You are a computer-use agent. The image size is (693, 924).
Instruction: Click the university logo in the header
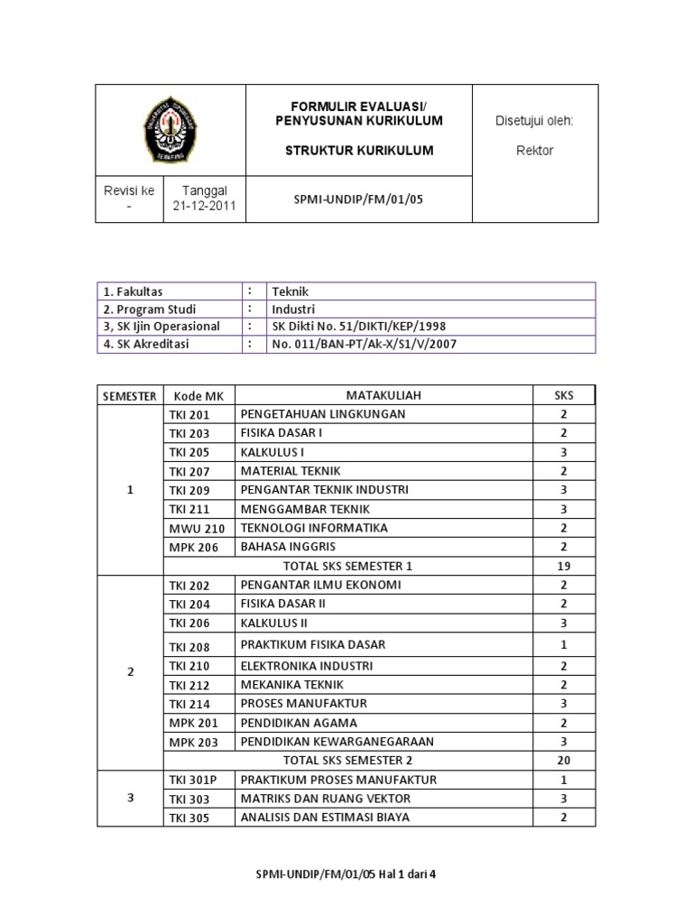(x=170, y=130)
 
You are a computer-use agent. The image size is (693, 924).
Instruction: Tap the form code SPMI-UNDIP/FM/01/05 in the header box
(x=359, y=199)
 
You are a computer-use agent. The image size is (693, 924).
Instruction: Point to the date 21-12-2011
(x=205, y=206)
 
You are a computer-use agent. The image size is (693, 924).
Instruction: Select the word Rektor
(x=536, y=151)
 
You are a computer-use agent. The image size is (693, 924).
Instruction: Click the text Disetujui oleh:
(x=535, y=121)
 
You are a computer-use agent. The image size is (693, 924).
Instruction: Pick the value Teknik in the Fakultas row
(x=291, y=291)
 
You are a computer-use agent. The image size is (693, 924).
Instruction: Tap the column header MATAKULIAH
(x=383, y=395)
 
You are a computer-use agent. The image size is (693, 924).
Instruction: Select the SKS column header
(x=563, y=395)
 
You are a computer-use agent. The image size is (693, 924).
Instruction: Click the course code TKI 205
(x=189, y=452)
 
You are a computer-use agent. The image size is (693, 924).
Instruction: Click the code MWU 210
(x=196, y=528)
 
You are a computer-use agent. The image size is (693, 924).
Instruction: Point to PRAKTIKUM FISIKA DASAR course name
(x=312, y=644)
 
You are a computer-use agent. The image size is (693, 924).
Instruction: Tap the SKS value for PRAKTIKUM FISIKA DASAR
(x=563, y=644)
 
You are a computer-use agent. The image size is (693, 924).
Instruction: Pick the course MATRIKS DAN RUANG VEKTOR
(x=325, y=799)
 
